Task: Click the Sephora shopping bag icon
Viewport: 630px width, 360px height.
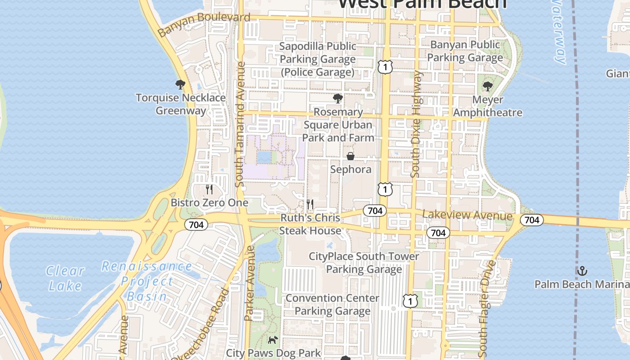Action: (x=350, y=156)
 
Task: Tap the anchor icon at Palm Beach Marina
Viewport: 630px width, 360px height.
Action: (x=582, y=271)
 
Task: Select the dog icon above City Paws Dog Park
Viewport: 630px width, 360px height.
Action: (x=273, y=340)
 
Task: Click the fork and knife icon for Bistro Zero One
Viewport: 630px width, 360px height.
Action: (x=209, y=189)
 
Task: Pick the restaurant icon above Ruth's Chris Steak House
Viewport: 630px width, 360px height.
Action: (x=310, y=204)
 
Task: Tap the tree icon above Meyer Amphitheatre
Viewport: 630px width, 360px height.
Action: (x=487, y=86)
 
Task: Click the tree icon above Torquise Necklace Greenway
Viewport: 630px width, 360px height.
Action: (x=180, y=84)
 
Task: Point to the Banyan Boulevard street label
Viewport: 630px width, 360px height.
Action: (x=204, y=24)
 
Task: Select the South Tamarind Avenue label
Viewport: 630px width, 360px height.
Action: (x=240, y=124)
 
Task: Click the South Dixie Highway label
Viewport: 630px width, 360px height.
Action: (x=416, y=124)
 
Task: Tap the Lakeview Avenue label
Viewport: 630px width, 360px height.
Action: (x=467, y=216)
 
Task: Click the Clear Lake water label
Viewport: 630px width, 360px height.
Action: (x=65, y=278)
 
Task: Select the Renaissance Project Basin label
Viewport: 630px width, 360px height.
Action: (x=147, y=281)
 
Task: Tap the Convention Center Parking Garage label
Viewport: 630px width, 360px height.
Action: (x=333, y=305)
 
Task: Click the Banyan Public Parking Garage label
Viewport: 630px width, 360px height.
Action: (x=465, y=51)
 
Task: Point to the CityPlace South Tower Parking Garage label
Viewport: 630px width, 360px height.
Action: (x=364, y=263)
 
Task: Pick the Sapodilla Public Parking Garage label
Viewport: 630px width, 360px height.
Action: (x=318, y=59)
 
